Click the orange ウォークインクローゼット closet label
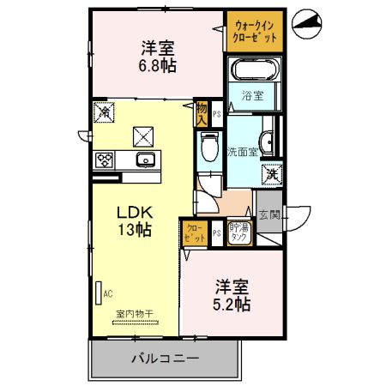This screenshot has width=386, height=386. tap(254, 30)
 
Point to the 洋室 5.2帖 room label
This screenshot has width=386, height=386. tap(232, 295)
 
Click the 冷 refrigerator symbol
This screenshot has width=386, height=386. tap(105, 112)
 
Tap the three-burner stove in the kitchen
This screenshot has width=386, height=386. tap(106, 160)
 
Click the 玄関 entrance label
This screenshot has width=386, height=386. tap(268, 215)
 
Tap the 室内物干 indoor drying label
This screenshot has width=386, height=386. tap(135, 314)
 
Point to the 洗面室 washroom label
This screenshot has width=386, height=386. tap(241, 153)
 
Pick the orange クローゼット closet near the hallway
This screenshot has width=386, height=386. tap(192, 232)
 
